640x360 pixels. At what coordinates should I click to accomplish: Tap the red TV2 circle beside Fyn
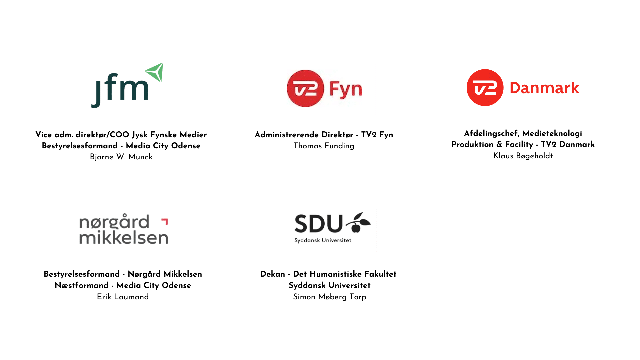coord(305,88)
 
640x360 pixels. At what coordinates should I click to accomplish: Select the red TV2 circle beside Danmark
coord(485,88)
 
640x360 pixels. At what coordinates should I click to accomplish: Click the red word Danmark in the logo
coord(544,88)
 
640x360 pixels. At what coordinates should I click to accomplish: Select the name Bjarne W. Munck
coord(121,157)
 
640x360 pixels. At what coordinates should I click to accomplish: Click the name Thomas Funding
coord(324,146)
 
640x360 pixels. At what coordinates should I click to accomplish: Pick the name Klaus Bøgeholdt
coord(523,156)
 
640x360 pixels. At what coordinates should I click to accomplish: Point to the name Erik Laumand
coord(123,297)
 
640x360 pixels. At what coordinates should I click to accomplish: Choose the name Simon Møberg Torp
coord(329,297)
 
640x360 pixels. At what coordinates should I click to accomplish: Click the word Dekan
coord(272,274)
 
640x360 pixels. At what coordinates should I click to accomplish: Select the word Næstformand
coord(81,285)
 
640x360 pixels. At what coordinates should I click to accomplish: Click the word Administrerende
coord(287,135)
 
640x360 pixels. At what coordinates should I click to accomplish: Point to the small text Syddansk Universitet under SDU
coord(323,240)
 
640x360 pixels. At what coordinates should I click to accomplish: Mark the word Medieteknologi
coord(552,134)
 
